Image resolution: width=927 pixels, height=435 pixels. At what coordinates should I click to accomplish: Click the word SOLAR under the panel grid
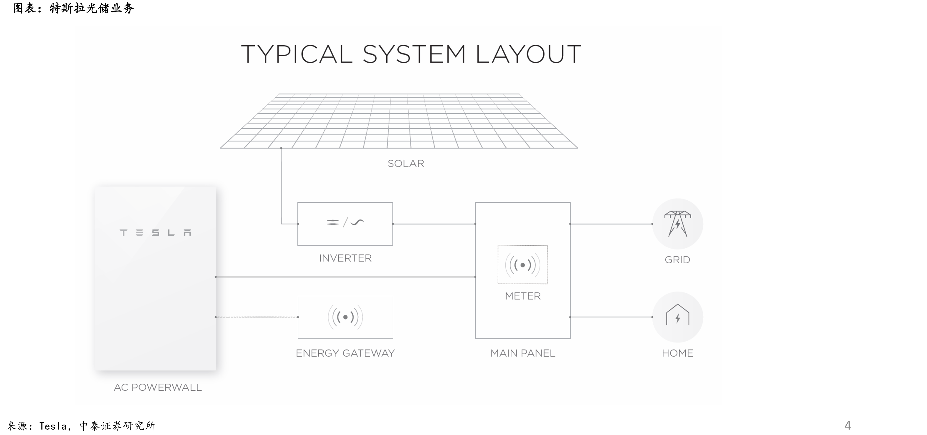[x=406, y=163]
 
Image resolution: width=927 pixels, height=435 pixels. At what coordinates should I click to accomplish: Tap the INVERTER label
[x=345, y=258]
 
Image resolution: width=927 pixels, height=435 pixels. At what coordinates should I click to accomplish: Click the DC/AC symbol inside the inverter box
[x=345, y=222]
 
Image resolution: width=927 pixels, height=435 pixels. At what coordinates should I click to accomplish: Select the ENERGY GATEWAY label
[x=345, y=353]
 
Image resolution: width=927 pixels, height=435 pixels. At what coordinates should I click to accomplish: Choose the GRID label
[x=677, y=260]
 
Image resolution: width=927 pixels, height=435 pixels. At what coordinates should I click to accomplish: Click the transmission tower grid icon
[x=678, y=224]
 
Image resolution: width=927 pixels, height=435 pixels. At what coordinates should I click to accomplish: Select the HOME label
[x=677, y=353]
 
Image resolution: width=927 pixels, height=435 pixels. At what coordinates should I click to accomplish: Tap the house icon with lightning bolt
[x=678, y=315]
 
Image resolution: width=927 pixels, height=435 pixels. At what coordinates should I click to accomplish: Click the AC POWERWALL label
[x=158, y=387]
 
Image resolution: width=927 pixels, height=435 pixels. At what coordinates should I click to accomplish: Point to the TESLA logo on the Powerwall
[x=156, y=233]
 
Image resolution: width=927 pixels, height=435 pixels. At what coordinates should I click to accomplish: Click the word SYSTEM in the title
[x=414, y=54]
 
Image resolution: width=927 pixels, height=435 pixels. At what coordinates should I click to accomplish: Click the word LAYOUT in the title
[x=528, y=54]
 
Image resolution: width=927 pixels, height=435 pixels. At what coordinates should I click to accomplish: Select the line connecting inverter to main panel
[x=434, y=224]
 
